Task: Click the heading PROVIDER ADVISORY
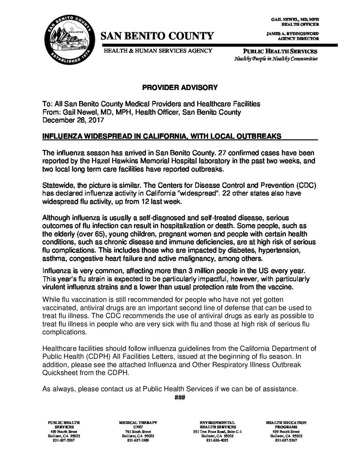pyautogui.click(x=180, y=88)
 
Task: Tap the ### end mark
pyautogui.click(x=180, y=397)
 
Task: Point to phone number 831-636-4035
pyautogui.click(x=217, y=440)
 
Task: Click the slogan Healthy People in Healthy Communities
pyautogui.click(x=276, y=59)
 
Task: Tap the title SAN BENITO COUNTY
pyautogui.click(x=157, y=37)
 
